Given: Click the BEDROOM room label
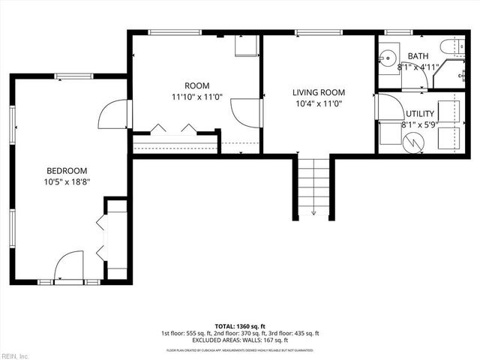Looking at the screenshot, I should [67, 170].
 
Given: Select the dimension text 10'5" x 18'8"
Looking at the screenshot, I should [67, 181].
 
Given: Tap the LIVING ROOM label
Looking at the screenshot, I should [318, 93].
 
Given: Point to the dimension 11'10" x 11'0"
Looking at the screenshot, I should [197, 97].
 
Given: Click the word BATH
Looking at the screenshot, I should [418, 56].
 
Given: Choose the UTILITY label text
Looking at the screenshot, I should [419, 114].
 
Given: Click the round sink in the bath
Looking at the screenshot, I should [388, 58].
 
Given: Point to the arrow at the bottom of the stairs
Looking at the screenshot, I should [313, 212].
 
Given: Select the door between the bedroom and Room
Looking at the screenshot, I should [115, 114].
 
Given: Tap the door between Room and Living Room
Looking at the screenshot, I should [246, 113].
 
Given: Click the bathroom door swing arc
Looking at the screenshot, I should [421, 77].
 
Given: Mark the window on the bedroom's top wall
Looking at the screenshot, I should [73, 76].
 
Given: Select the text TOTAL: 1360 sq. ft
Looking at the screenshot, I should [239, 326].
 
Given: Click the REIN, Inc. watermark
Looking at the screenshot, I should [14, 355].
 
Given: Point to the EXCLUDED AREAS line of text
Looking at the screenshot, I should [239, 340].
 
